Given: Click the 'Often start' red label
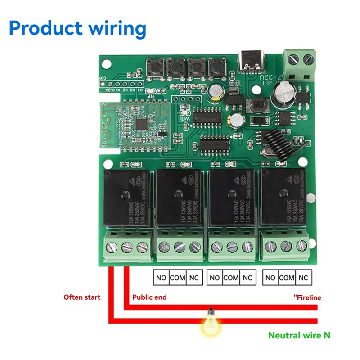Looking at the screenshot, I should [82, 297].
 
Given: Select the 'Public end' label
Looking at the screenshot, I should [149, 297].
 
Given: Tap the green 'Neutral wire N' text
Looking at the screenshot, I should [299, 335].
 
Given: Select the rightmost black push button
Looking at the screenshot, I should [216, 69].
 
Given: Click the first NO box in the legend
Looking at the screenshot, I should [161, 278].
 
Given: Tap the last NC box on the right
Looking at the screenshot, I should [304, 278].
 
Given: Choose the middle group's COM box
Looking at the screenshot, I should [231, 278].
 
